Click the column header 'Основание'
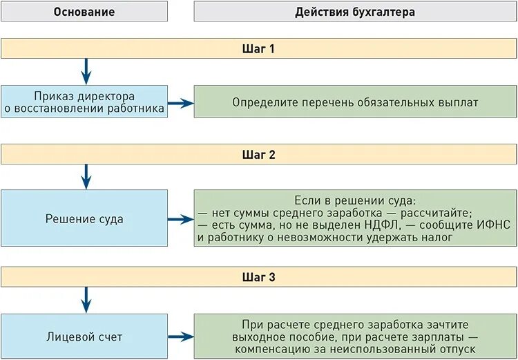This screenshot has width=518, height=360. coord(84,12)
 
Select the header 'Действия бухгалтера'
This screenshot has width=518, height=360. coord(355,12)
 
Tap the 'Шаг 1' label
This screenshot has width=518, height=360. coord(258,49)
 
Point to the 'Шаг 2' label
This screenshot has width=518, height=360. coord(258,155)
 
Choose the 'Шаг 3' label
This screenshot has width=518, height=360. coord(258,277)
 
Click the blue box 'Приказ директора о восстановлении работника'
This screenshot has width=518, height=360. coord(84,102)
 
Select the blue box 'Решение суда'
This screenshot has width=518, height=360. coord(84,219)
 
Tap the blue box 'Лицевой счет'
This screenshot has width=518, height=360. coord(84,337)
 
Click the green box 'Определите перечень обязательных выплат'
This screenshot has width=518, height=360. coord(355,102)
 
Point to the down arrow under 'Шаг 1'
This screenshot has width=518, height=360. coord(86,71)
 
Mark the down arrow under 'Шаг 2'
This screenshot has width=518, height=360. coord(86,176)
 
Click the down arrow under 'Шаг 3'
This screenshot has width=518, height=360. coord(86,299)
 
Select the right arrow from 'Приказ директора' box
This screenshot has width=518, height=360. coord(180,103)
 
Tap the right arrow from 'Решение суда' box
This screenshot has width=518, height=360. coord(180,220)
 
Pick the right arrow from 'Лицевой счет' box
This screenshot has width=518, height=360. coord(180,337)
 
